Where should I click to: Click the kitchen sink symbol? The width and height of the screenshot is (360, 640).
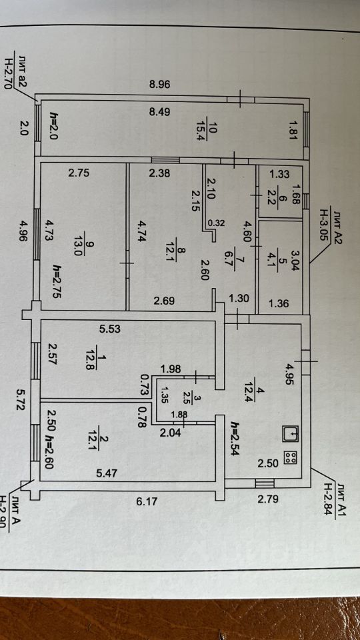point(291,433)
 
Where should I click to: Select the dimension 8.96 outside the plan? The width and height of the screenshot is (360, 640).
point(159,85)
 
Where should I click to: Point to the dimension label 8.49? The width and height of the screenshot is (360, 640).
point(159,112)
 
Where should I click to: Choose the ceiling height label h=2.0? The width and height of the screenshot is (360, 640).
point(54,126)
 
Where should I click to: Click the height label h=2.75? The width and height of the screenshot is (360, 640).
point(57,282)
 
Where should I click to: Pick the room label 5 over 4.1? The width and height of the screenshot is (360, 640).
point(278,256)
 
